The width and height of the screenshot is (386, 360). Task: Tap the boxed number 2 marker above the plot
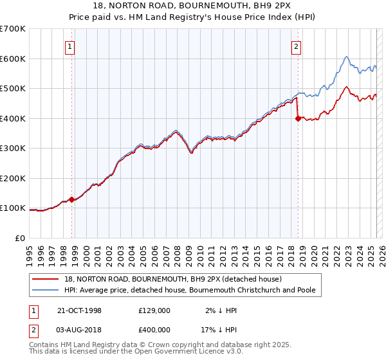click(296, 46)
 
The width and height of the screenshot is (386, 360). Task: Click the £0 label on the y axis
click(21, 238)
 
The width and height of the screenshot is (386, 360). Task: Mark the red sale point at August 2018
click(298, 118)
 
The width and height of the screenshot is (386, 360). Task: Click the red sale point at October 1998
click(72, 199)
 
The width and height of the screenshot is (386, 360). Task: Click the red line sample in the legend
click(46, 279)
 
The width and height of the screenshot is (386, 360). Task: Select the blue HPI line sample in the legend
click(46, 290)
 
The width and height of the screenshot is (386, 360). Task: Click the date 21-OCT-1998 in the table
click(80, 310)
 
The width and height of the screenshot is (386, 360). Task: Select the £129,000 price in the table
click(154, 310)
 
